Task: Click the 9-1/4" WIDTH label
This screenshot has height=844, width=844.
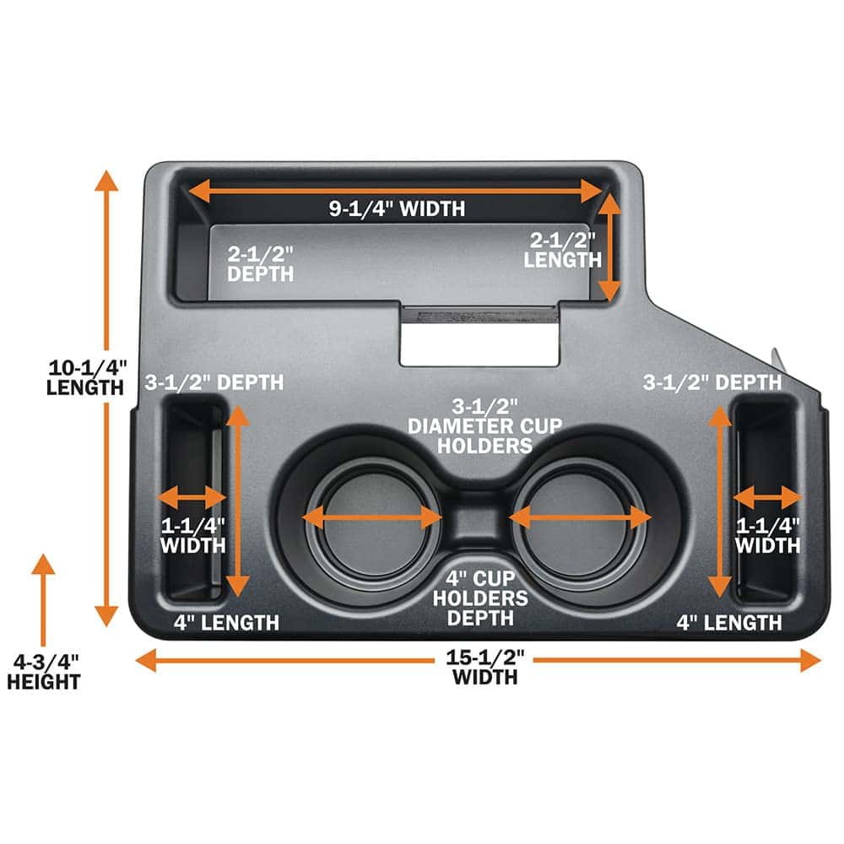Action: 397,208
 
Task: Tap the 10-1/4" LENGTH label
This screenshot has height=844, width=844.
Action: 86,377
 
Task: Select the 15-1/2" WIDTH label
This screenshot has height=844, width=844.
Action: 484,666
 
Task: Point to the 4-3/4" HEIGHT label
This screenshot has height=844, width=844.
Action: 43,671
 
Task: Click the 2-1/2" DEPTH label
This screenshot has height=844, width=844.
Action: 260,263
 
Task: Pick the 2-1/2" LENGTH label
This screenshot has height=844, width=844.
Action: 561,250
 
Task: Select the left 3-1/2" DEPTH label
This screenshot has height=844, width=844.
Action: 214,382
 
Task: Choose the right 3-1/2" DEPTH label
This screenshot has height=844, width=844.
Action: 713,382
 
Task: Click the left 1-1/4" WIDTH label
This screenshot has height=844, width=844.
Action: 193,535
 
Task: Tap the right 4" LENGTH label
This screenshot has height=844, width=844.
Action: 730,623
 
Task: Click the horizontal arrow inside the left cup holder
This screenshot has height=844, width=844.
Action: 372,517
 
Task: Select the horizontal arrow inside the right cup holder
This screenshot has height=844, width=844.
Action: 581,517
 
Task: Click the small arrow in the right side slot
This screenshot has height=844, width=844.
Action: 766,497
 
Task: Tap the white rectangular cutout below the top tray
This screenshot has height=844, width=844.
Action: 479,346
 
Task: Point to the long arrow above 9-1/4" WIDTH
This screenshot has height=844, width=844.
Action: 397,192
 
